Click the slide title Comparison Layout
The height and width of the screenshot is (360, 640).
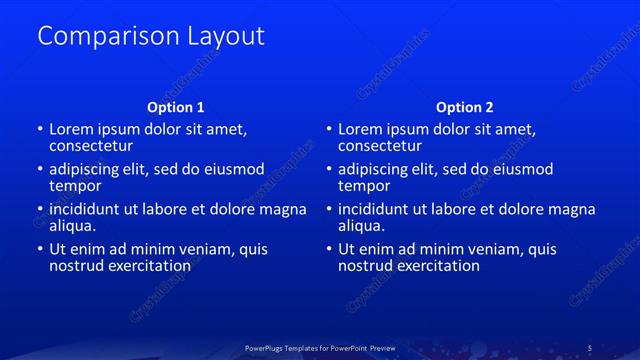(x=150, y=36)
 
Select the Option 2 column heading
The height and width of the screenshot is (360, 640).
(x=465, y=107)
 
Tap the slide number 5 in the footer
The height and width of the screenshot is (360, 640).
(x=589, y=348)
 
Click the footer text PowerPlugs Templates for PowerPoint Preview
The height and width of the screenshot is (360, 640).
(x=320, y=348)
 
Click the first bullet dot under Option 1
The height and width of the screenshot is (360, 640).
(x=40, y=130)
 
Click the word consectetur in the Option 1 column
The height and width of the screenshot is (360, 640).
(x=92, y=146)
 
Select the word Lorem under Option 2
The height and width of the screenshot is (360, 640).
(x=361, y=130)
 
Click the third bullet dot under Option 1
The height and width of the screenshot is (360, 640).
(x=40, y=210)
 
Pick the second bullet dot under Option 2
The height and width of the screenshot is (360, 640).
(x=330, y=170)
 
